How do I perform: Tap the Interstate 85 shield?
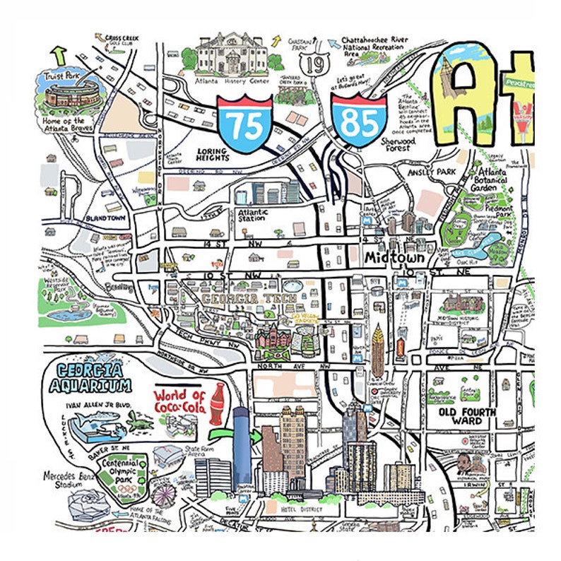tap(359, 120)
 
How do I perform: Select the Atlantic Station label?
tap(252, 215)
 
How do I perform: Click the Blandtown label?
tap(105, 218)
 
